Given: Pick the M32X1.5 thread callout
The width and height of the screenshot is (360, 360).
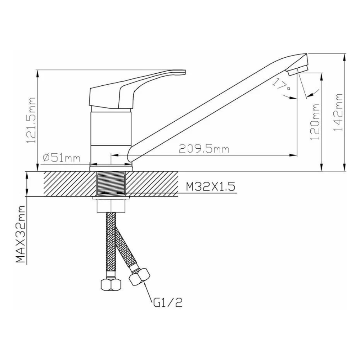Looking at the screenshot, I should click(x=210, y=186).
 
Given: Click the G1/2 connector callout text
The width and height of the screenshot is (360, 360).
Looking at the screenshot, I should click(x=168, y=302).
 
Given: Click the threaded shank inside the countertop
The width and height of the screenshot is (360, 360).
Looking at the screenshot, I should click(x=111, y=184).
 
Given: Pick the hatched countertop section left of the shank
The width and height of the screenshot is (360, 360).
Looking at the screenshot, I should click(x=68, y=184).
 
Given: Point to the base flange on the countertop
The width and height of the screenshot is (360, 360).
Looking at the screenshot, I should click(x=111, y=166).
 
